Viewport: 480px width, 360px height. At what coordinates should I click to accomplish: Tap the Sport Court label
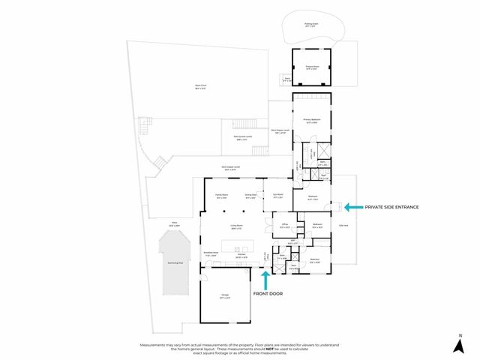coord(200,87)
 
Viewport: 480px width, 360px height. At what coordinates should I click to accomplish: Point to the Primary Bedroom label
coord(311,119)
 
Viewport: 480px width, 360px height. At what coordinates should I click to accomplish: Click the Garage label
coord(225,295)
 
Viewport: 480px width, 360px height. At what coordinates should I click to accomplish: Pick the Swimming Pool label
coord(174,264)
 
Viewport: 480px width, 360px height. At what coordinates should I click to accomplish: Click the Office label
coord(285,225)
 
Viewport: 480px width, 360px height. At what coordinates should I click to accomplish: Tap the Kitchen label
coord(241,255)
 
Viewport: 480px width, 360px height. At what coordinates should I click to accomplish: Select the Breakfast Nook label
coord(211,253)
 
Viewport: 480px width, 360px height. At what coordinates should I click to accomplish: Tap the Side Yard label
coord(343,225)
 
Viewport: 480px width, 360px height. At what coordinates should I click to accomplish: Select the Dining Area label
coord(250,195)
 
